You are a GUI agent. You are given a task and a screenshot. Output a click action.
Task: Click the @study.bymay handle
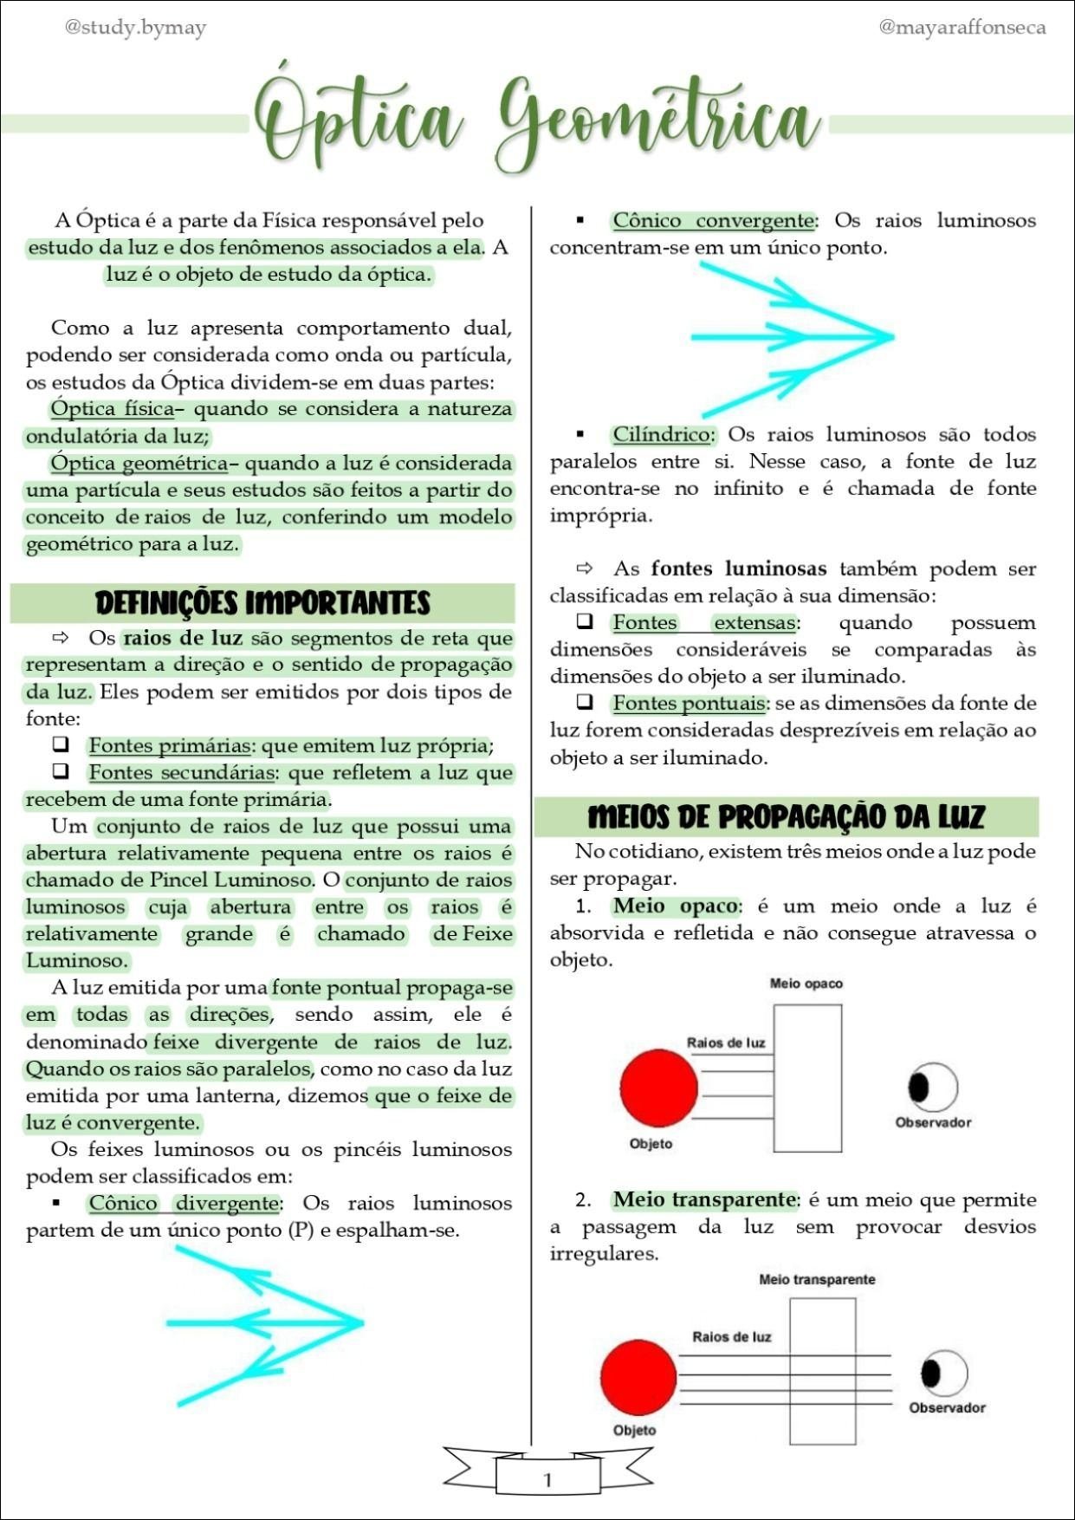[x=135, y=28]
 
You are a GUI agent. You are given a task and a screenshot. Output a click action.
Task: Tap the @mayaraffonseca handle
[x=962, y=28]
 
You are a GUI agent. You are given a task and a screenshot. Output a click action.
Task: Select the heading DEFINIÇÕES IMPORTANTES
[x=262, y=603]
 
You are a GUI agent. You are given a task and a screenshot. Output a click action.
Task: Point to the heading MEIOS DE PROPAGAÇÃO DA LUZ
[x=786, y=817]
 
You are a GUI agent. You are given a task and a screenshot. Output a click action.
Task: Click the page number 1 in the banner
[x=547, y=1480]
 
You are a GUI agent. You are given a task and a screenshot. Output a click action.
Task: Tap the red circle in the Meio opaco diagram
[x=659, y=1088]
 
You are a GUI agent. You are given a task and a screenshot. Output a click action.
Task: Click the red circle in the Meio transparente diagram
[x=638, y=1378]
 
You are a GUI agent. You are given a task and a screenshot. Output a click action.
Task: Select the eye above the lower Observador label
[x=942, y=1373]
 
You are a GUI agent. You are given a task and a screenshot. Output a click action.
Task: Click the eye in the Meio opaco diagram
[x=932, y=1087]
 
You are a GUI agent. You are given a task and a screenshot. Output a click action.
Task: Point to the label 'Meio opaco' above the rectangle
[x=806, y=984]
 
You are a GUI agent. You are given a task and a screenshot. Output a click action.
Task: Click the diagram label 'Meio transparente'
[x=817, y=1279]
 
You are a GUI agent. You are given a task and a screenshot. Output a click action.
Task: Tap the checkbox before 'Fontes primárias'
[x=61, y=744]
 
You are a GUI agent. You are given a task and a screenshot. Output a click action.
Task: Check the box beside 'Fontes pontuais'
[x=585, y=702]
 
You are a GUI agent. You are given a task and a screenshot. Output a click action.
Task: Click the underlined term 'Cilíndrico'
[x=662, y=434]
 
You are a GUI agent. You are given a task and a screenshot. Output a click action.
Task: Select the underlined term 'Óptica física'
[x=112, y=408]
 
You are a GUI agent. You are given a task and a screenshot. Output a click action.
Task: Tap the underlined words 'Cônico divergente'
[x=184, y=1203]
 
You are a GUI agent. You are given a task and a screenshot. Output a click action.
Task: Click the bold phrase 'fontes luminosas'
[x=738, y=568]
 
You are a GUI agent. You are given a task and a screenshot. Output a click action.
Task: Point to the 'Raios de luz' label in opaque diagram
[x=726, y=1043]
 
